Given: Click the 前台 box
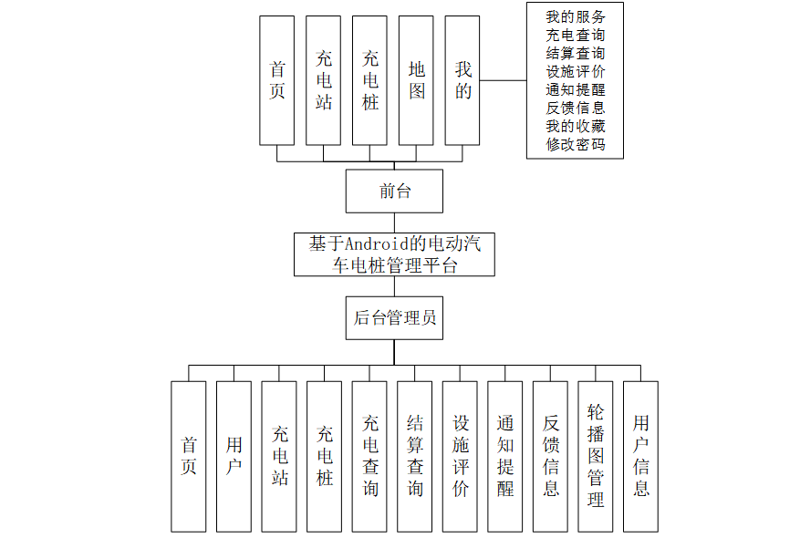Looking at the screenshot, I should (x=394, y=191).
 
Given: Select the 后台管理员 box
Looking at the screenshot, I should (x=394, y=317).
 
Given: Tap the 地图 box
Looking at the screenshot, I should (x=416, y=80).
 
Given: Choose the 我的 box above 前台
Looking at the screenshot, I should (x=462, y=80).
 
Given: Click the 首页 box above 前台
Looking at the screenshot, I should (x=277, y=80).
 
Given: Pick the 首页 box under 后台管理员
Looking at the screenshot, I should (x=189, y=456).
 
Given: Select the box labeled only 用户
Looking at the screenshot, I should (x=234, y=456).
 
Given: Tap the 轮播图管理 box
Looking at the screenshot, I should (x=596, y=456).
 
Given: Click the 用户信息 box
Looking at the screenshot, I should (x=641, y=456).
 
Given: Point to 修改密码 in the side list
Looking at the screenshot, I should (x=575, y=144).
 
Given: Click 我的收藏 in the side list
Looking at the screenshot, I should (x=575, y=126).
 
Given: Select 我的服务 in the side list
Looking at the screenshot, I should (x=575, y=16).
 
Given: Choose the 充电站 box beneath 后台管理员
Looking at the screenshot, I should (x=279, y=456).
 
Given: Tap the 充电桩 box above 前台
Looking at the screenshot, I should (x=369, y=80).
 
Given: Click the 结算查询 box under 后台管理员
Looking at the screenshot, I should (x=415, y=456).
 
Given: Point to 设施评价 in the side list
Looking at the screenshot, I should (x=575, y=71).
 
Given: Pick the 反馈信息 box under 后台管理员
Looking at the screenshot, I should (x=551, y=456).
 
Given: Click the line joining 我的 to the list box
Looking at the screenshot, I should (x=503, y=80).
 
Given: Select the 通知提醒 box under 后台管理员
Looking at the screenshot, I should (x=505, y=456).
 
